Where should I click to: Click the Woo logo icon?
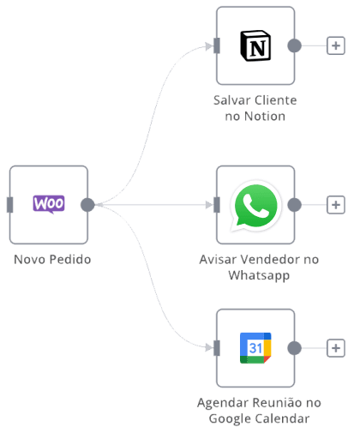pyautogui.click(x=49, y=204)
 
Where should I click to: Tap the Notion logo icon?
pyautogui.click(x=255, y=45)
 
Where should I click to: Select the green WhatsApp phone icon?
pyautogui.click(x=255, y=205)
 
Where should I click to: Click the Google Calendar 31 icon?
pyautogui.click(x=255, y=348)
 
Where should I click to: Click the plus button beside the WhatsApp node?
pyautogui.click(x=336, y=205)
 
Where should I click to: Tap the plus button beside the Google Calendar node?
pyautogui.click(x=336, y=348)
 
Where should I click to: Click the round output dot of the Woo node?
pyautogui.click(x=87, y=205)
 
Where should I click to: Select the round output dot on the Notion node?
pyautogui.click(x=294, y=45)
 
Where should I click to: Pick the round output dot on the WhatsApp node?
pyautogui.click(x=294, y=205)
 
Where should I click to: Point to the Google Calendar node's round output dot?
pyautogui.click(x=294, y=348)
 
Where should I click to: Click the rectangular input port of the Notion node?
pyautogui.click(x=217, y=45)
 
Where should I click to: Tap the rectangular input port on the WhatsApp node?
pyautogui.click(x=217, y=205)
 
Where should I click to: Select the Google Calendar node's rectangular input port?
pyautogui.click(x=217, y=348)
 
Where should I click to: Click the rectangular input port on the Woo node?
pyautogui.click(x=10, y=205)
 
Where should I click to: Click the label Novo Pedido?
pyautogui.click(x=52, y=260)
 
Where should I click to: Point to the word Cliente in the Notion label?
pyautogui.click(x=275, y=100)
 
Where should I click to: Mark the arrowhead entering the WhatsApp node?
pyautogui.click(x=209, y=205)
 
